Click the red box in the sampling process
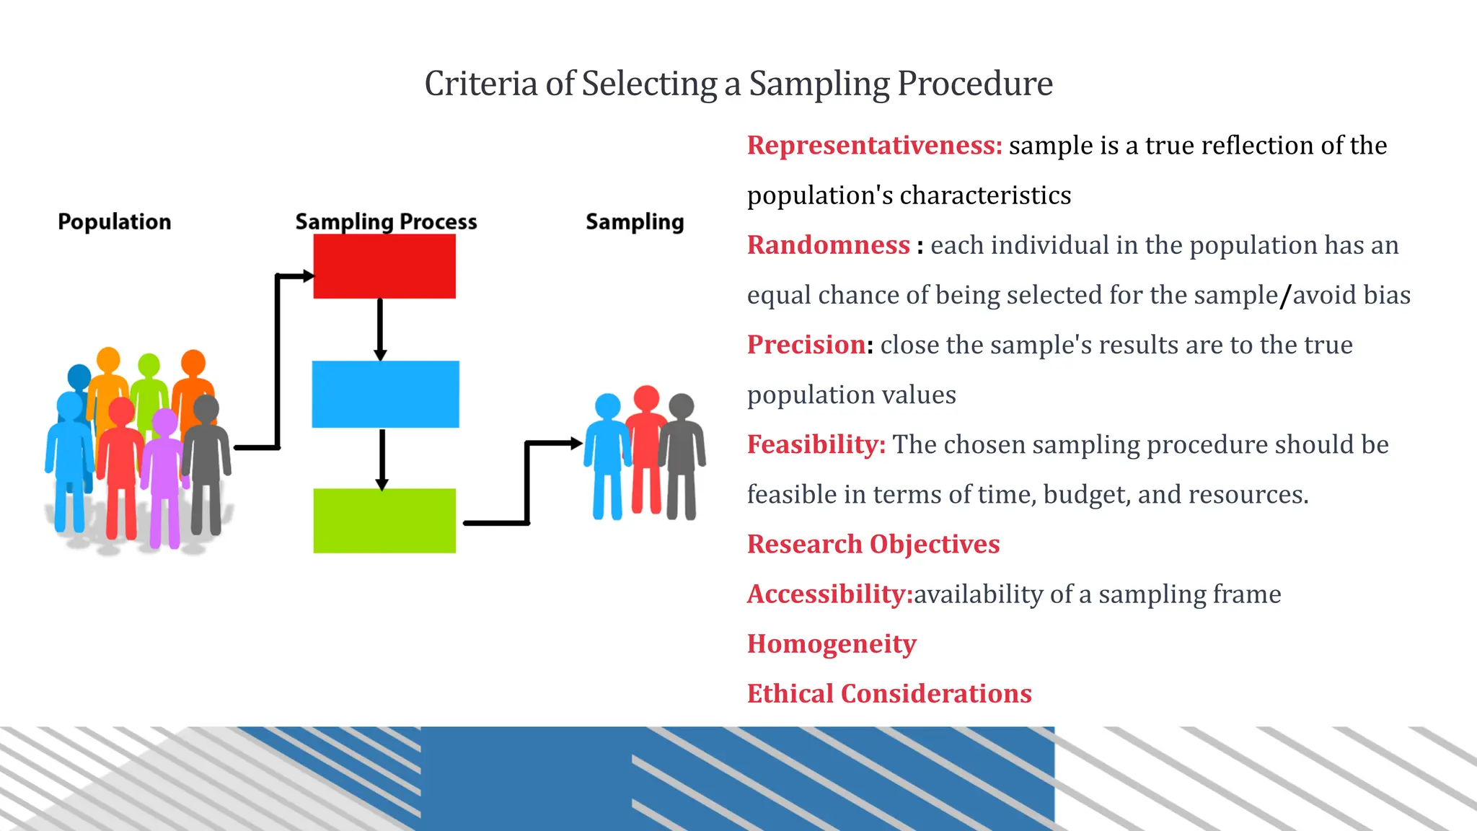tap(384, 266)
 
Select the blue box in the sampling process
tap(385, 394)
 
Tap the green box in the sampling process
tap(384, 521)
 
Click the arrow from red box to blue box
tap(380, 329)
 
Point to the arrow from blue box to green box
tap(382, 459)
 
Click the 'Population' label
tap(115, 221)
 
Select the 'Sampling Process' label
tap(386, 221)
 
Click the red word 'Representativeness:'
tap(874, 146)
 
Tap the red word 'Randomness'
tap(828, 245)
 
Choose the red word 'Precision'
tap(806, 345)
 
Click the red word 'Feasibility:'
tap(816, 444)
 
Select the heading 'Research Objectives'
tap(873, 544)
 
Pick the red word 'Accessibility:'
tap(829, 594)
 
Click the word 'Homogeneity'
tap(831, 643)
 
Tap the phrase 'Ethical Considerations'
tap(889, 693)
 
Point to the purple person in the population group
tap(164, 476)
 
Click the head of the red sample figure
tap(646, 397)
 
